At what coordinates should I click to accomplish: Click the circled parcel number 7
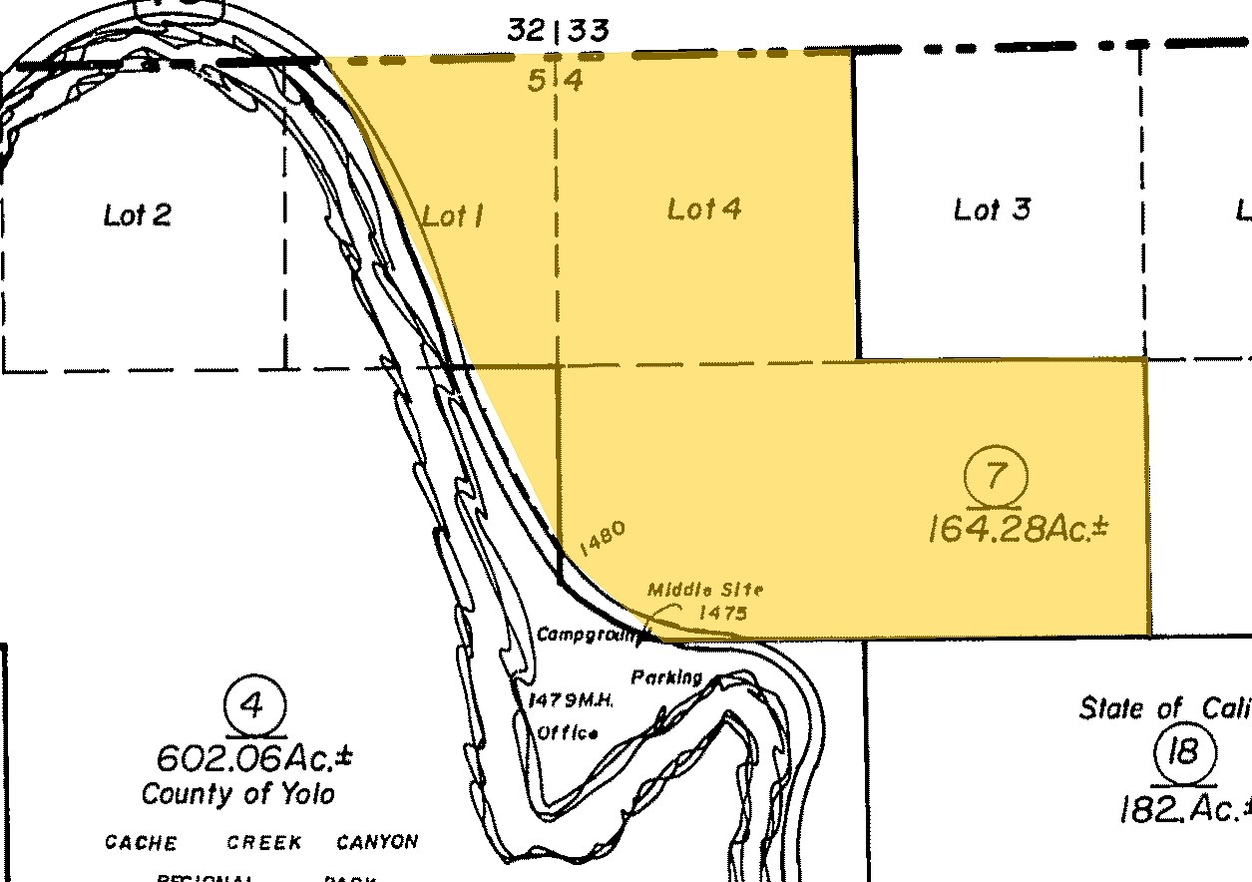pos(996,476)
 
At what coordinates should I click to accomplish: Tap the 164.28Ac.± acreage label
pos(1018,528)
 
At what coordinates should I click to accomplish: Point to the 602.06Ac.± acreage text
pos(254,757)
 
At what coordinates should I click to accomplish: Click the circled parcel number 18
pos(1184,751)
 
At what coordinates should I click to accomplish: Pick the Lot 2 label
pos(138,215)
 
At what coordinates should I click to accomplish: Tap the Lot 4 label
pos(703,209)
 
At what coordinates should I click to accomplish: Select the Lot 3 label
pos(992,210)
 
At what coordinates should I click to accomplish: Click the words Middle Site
pos(705,591)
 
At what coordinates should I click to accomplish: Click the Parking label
pos(666,677)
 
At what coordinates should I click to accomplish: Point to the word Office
pos(568,732)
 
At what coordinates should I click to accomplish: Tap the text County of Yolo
pos(237,794)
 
